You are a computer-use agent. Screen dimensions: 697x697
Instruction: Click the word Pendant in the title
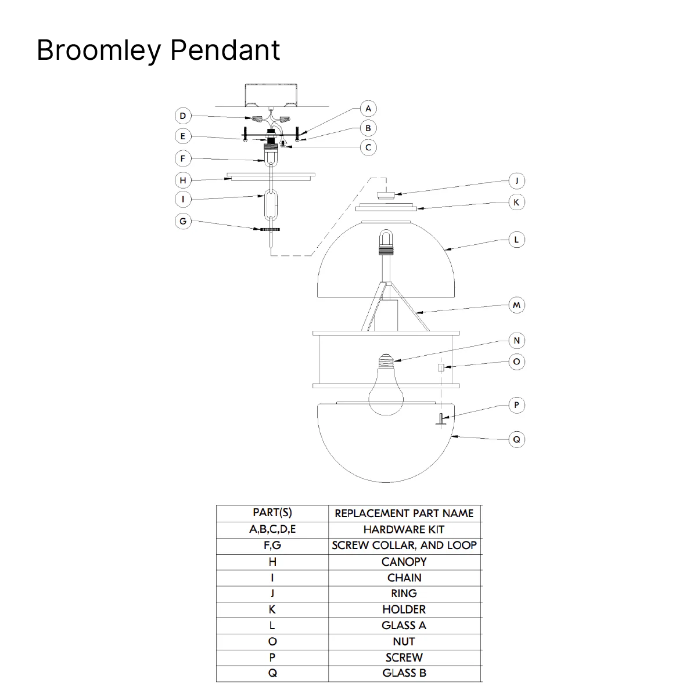pos(225,50)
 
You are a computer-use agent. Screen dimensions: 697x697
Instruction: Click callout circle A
pos(368,109)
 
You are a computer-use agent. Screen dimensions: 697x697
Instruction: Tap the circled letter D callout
pos(183,115)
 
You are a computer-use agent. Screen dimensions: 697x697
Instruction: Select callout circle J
pos(517,181)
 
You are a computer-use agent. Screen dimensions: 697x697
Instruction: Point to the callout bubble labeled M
pos(517,305)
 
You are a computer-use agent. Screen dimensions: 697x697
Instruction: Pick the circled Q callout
pos(517,439)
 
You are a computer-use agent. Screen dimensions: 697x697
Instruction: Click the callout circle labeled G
pos(183,221)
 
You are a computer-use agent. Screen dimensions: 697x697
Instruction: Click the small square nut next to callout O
pos(441,367)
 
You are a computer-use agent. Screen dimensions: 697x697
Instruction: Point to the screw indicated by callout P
pos(441,419)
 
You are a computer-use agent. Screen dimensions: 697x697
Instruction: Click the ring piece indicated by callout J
pos(386,196)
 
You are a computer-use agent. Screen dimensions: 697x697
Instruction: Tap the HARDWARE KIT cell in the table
pos(404,529)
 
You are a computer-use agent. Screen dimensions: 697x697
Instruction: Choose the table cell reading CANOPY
pos(404,562)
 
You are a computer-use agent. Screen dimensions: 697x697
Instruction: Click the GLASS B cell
pos(404,673)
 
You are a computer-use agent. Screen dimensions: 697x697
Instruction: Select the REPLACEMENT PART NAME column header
pos(404,513)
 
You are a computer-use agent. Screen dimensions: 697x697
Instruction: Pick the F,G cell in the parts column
pos(272,546)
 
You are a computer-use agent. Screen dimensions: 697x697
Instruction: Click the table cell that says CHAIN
pos(404,577)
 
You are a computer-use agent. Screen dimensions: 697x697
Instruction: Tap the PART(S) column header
pos(272,512)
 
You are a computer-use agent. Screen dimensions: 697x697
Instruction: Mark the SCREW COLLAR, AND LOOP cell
pos(404,546)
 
